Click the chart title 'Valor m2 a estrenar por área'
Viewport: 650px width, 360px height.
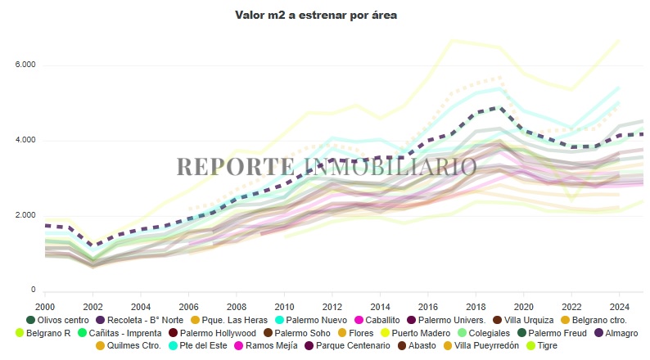316,15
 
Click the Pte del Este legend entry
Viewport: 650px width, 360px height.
197,345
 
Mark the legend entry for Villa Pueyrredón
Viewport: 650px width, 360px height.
481,345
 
